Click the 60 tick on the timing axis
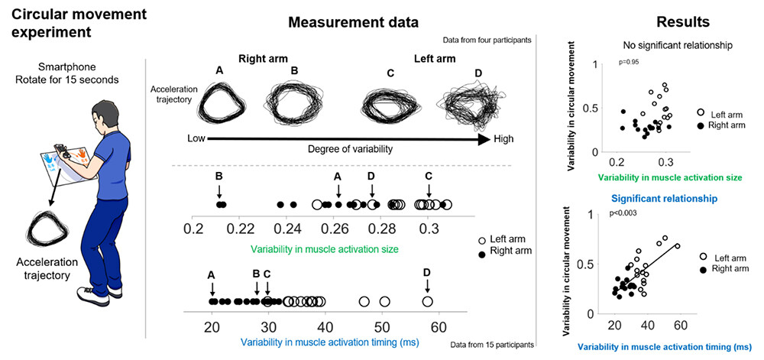point(437,326)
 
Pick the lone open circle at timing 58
point(427,301)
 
